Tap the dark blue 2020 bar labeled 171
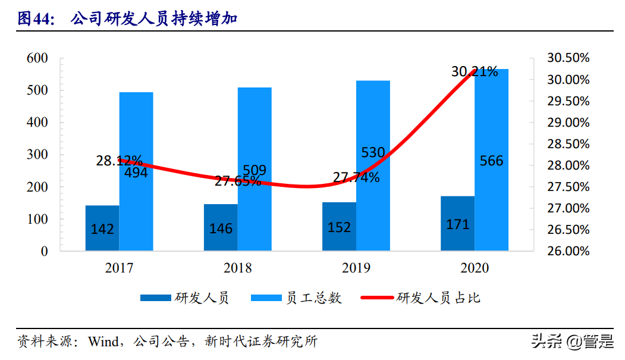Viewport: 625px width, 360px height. tap(457, 223)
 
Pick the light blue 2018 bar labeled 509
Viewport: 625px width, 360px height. tap(255, 169)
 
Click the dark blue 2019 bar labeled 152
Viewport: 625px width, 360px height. tap(339, 226)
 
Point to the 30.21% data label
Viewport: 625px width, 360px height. tap(474, 72)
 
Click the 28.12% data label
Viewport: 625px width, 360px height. tap(119, 161)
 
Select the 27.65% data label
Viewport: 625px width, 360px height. tap(238, 181)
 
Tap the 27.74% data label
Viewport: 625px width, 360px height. tap(356, 177)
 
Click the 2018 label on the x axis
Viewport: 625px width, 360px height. tap(237, 268)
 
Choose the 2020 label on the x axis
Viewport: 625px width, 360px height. tap(474, 268)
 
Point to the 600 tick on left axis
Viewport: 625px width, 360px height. tap(37, 58)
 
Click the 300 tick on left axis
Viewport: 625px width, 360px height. tap(37, 155)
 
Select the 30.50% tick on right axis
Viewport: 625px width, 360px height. tap(568, 58)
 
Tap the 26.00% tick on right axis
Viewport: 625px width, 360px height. tap(568, 251)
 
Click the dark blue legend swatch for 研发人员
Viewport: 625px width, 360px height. tap(155, 298)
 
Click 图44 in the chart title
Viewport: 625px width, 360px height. tap(35, 19)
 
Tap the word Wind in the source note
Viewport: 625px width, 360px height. tap(103, 342)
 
